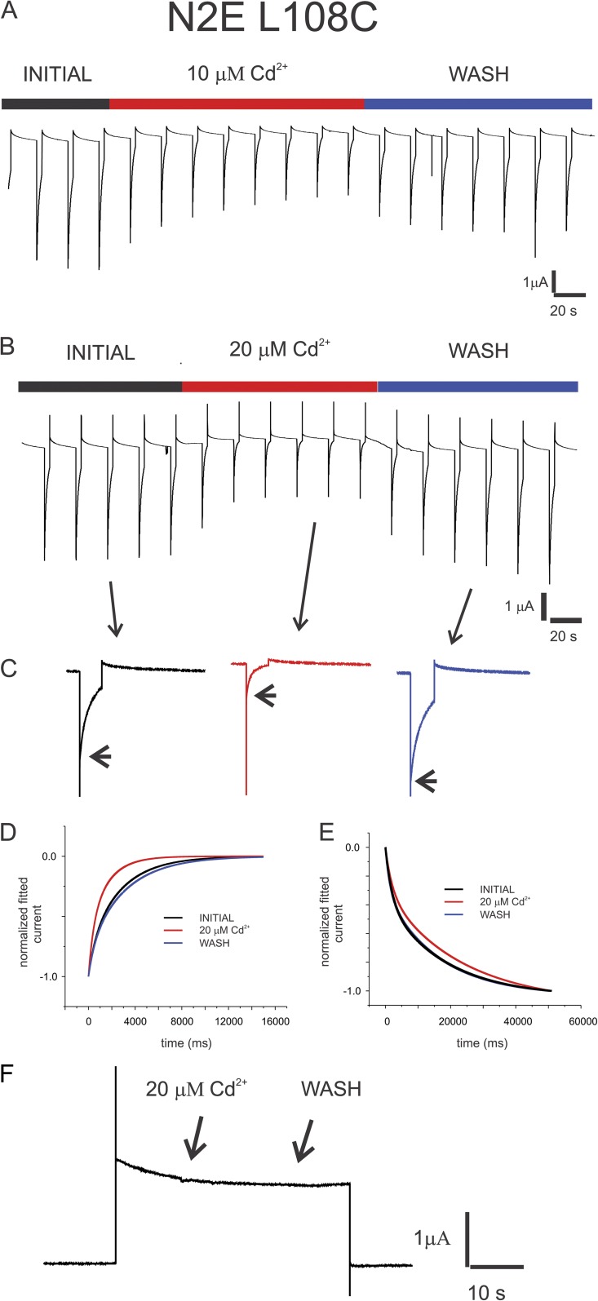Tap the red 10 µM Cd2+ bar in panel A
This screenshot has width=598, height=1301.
237,104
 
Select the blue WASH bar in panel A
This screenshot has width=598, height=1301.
478,104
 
